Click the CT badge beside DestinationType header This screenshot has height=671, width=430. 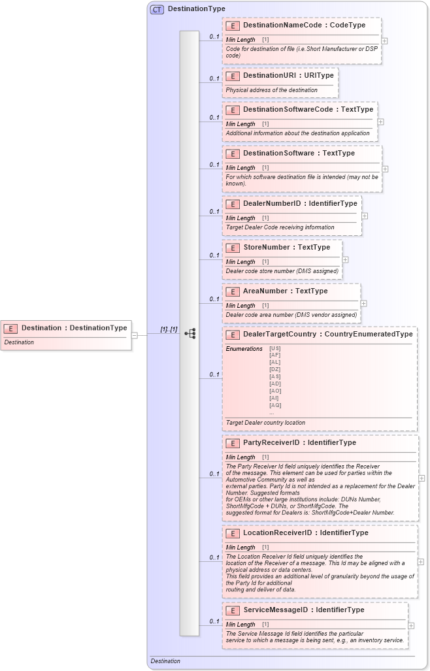point(157,9)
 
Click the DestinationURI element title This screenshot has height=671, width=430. point(288,75)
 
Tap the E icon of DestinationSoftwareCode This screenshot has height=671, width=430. point(232,110)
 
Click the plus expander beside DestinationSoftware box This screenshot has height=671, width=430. point(385,169)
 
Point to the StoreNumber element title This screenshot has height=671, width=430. point(286,247)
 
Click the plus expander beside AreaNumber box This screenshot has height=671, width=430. point(364,303)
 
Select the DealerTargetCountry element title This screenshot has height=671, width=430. point(327,334)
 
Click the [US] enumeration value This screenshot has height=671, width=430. point(275,348)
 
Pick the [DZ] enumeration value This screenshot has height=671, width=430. point(275,369)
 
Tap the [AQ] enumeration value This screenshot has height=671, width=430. point(275,405)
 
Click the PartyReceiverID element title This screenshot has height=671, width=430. point(299,442)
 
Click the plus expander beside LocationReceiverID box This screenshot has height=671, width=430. point(420,561)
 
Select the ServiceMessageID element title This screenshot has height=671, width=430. point(303,610)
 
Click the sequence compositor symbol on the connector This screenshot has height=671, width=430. point(190,333)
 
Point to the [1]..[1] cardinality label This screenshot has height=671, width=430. point(169,329)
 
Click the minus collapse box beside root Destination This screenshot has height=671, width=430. point(135,335)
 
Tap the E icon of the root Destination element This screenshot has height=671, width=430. point(10,328)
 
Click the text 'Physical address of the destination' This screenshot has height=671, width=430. point(271,90)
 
